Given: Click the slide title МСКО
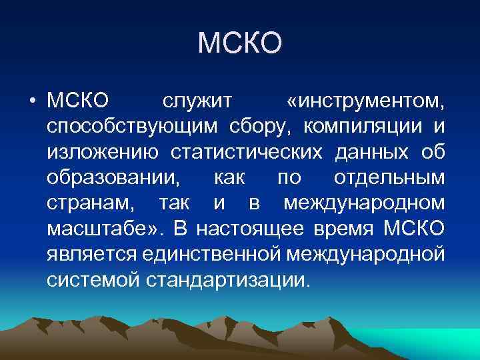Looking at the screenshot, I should [240, 44].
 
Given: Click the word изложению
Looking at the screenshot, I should [103, 153].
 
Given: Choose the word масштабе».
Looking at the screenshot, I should [101, 229].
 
